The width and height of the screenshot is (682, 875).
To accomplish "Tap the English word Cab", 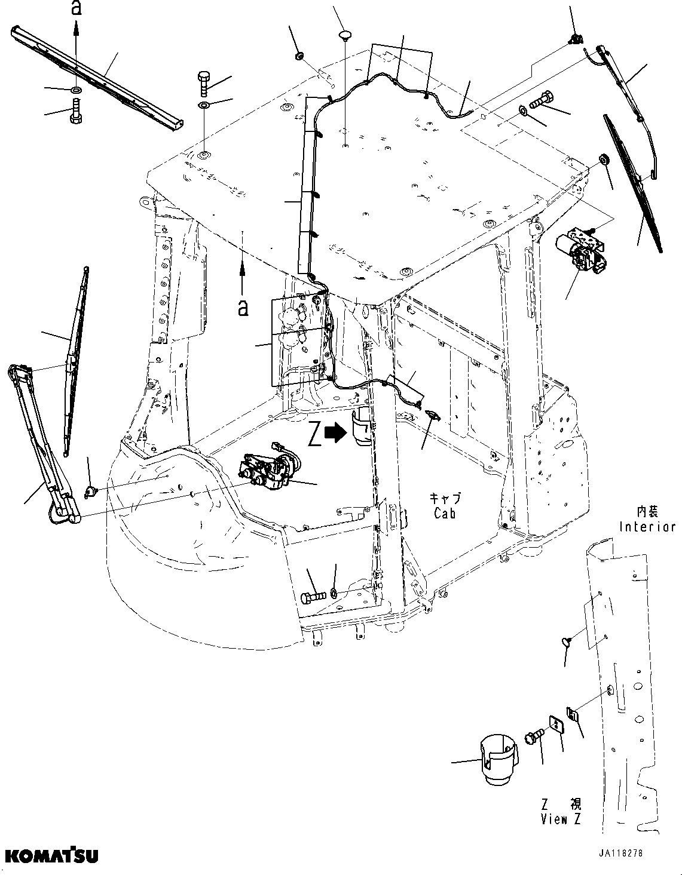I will (x=445, y=512).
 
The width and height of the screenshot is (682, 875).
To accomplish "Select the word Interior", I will (x=647, y=527).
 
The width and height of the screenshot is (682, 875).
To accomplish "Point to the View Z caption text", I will (x=560, y=819).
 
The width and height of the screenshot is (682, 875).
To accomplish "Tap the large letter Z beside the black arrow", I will (x=315, y=434).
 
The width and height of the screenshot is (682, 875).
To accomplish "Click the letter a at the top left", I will (x=75, y=8).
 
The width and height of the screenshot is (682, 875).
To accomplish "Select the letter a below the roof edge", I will (x=243, y=307).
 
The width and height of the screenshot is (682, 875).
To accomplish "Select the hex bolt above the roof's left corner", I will (x=203, y=83).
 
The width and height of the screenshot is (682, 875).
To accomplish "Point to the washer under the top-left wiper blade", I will (x=75, y=90).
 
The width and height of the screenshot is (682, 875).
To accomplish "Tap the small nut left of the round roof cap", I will (x=299, y=57).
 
